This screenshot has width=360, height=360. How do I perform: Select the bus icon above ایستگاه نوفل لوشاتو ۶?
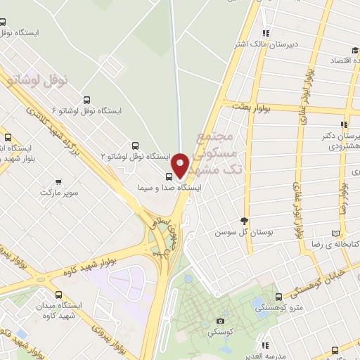click(x=86, y=100)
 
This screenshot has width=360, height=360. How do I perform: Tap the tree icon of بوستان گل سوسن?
click(x=244, y=221)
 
